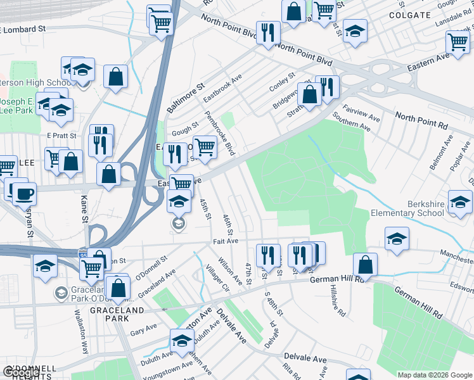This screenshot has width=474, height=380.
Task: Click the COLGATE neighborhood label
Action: pos(406,14)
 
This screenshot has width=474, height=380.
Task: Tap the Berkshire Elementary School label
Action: pos(407,208)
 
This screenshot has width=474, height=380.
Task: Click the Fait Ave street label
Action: pos(226,241)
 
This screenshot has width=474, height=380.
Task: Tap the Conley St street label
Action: pos(282,82)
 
